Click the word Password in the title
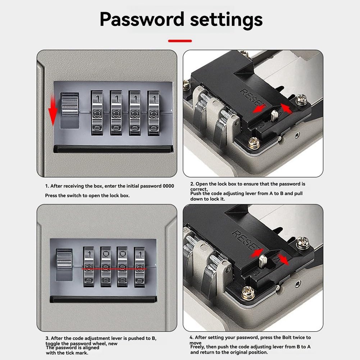pos(142,19)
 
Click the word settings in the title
pos(226,20)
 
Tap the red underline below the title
pos(180,41)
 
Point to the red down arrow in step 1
pos(53,111)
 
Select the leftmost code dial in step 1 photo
pos(97,113)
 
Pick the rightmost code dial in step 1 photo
pos(154,113)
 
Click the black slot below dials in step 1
pos(113,149)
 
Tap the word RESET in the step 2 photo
pos(251,97)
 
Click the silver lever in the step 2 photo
pos(274,115)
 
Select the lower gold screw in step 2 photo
pos(254,142)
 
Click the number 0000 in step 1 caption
pos(168,186)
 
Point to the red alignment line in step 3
pos(114,269)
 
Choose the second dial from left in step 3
pos(106,267)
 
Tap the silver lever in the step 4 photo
pos(263,261)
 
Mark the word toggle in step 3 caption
pos(53,344)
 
